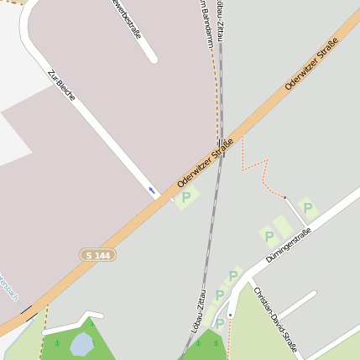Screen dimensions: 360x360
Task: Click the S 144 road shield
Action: [x=97, y=254]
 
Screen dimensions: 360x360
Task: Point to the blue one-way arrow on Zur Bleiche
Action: [x=152, y=190]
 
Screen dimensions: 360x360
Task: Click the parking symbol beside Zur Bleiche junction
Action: [x=186, y=197]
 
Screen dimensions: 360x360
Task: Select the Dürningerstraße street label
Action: [x=288, y=246]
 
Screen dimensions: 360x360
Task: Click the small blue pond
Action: [x=81, y=343]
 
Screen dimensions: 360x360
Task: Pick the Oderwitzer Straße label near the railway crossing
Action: [x=205, y=164]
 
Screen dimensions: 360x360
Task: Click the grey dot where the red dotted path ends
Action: [x=284, y=198]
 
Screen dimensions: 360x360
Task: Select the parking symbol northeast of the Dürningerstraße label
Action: [x=307, y=207]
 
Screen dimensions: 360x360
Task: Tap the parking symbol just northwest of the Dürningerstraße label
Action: [x=269, y=237]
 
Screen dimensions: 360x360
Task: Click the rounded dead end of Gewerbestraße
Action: [x=152, y=58]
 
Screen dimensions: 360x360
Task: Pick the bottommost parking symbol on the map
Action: [x=220, y=323]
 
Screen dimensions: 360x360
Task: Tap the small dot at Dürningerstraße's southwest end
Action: [x=230, y=316]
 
